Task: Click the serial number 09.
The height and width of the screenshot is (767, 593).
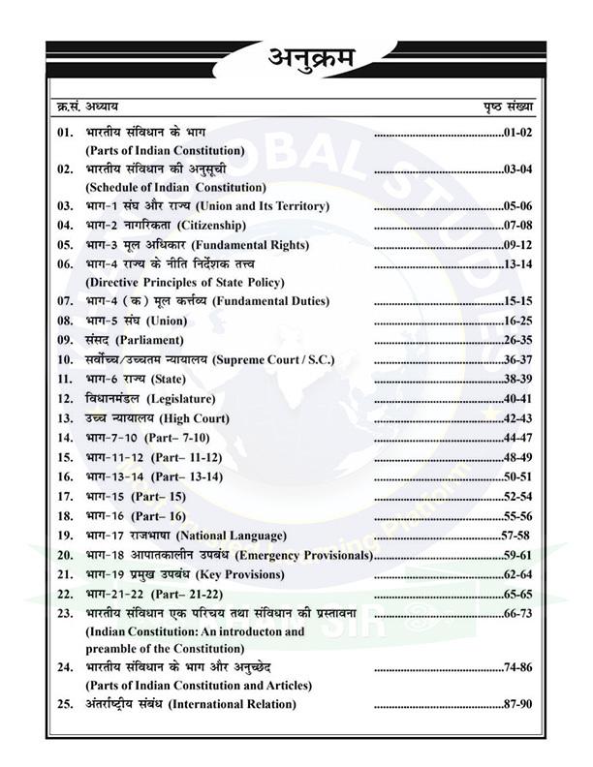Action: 66,340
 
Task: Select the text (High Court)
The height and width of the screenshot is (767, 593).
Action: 196,418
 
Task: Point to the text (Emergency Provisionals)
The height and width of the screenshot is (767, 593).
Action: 304,555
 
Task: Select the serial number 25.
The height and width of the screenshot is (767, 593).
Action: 66,704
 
